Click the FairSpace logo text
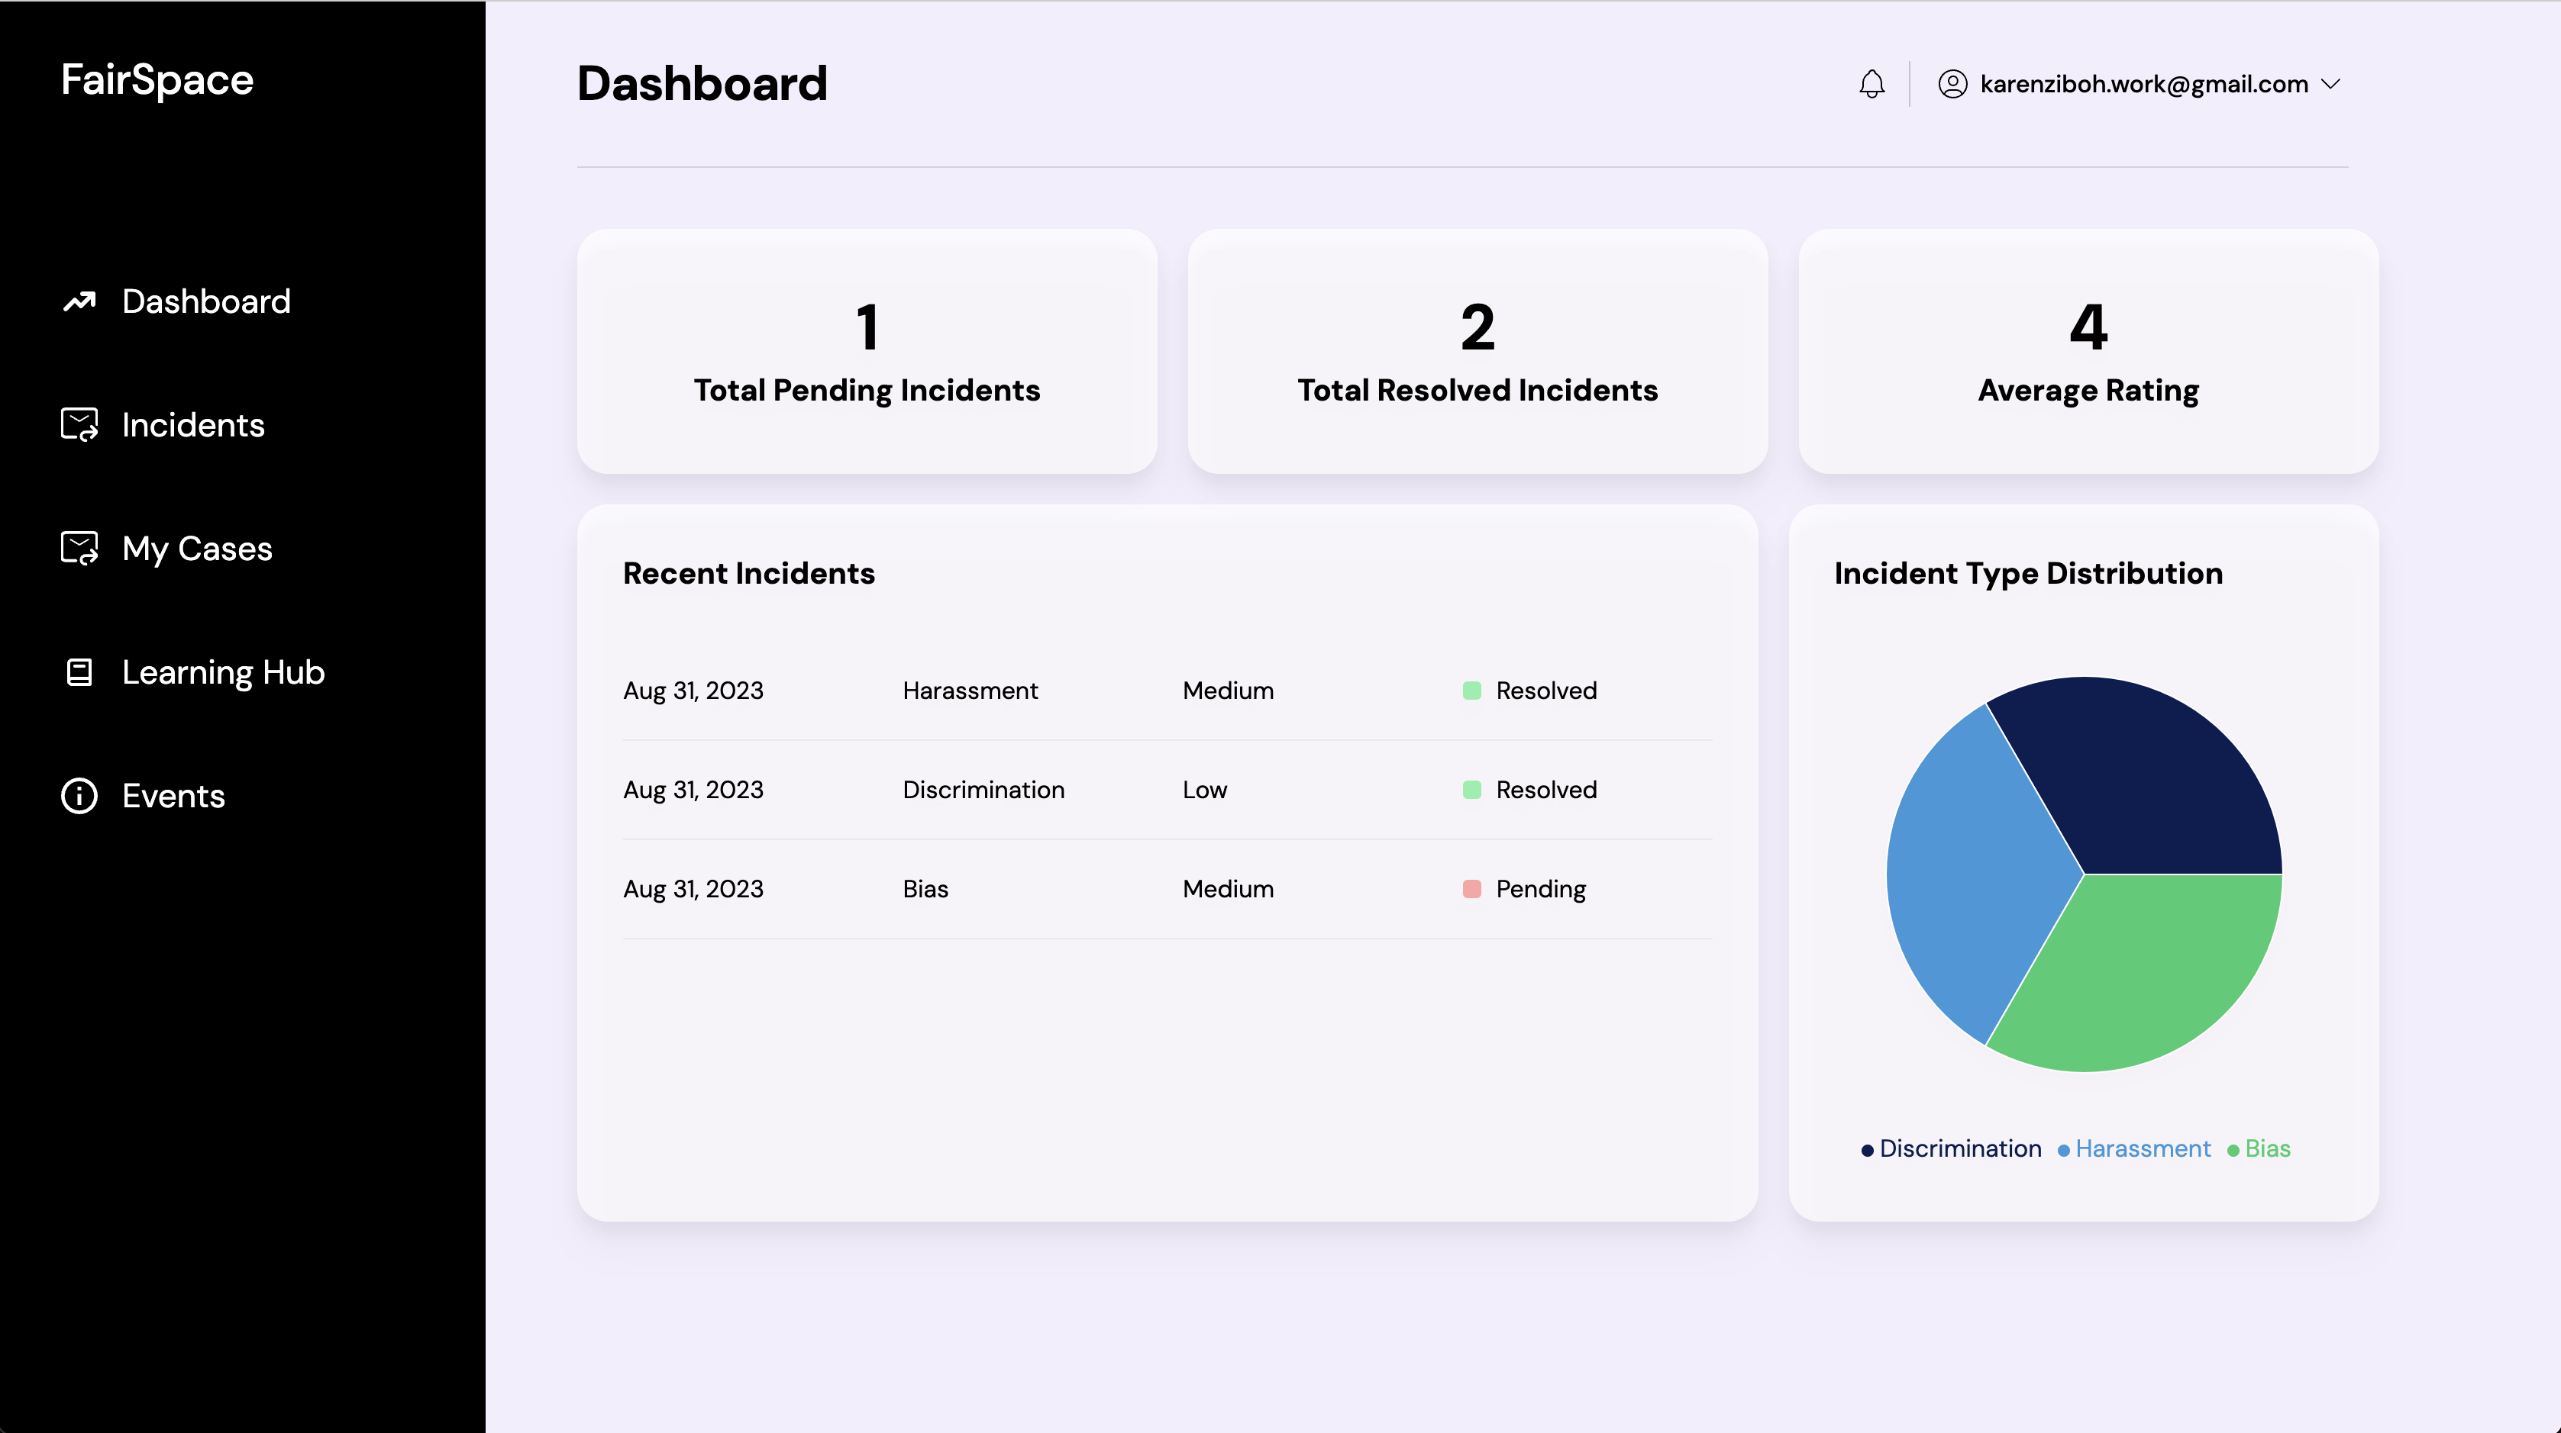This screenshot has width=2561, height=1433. [x=157, y=79]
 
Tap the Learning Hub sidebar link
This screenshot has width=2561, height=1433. [x=223, y=673]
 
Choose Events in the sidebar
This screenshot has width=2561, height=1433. [x=173, y=796]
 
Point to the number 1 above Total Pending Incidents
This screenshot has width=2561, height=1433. [x=867, y=327]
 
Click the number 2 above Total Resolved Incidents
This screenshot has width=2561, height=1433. [x=1477, y=327]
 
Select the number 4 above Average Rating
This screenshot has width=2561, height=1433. [x=2088, y=327]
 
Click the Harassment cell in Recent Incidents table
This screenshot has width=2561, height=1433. [x=969, y=691]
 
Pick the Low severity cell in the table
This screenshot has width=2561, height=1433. [x=1204, y=790]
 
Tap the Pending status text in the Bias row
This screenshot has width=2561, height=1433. [x=1540, y=890]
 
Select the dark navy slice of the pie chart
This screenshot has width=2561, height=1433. [x=2147, y=785]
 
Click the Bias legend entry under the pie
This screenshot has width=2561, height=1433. [x=2265, y=1149]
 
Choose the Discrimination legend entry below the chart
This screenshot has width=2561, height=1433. [x=1959, y=1149]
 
